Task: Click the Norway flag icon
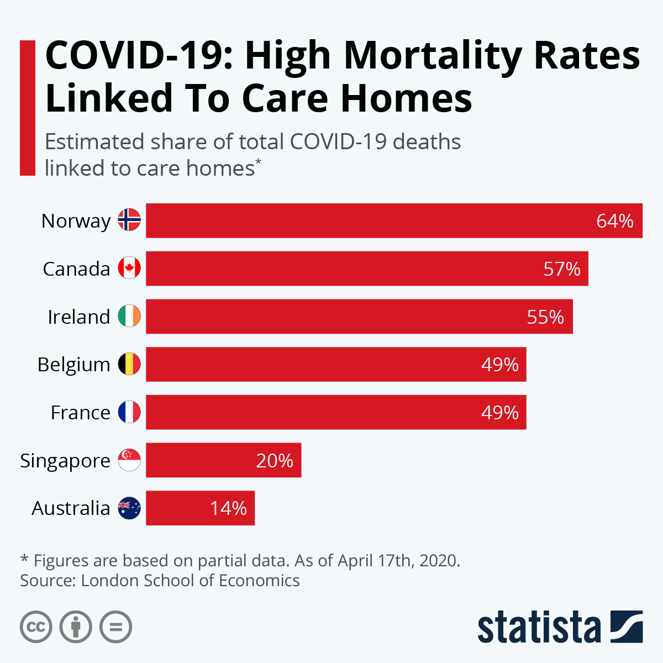click(x=129, y=220)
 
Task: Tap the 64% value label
click(x=614, y=221)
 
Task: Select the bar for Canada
click(x=367, y=269)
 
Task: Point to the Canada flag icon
click(x=129, y=269)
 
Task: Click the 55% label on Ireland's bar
click(x=545, y=317)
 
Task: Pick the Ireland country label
click(x=79, y=317)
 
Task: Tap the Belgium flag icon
click(x=129, y=365)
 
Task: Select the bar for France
click(x=336, y=412)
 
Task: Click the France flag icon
click(x=129, y=412)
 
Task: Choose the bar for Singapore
click(x=223, y=460)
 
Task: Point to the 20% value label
click(x=275, y=461)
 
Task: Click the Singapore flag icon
click(x=129, y=460)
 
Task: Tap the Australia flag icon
click(x=129, y=508)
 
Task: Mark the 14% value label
click(x=228, y=508)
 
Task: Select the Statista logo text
click(x=539, y=627)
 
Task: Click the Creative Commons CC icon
click(x=36, y=627)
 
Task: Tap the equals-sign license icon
click(x=115, y=627)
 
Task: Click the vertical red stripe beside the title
click(x=28, y=108)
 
